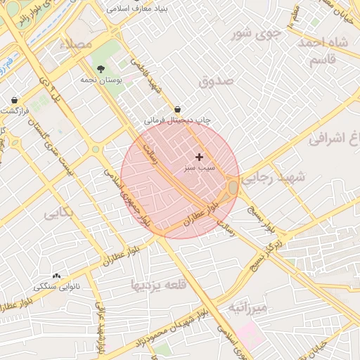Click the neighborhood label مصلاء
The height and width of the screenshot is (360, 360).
[77, 44]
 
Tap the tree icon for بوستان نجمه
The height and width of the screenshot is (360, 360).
[103, 69]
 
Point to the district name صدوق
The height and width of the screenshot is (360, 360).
[215, 81]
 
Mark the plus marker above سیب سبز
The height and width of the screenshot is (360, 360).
[200, 157]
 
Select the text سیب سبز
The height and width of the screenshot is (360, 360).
[200, 169]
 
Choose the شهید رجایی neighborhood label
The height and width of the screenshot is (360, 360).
[275, 181]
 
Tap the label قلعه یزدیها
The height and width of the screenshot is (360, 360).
[157, 285]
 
